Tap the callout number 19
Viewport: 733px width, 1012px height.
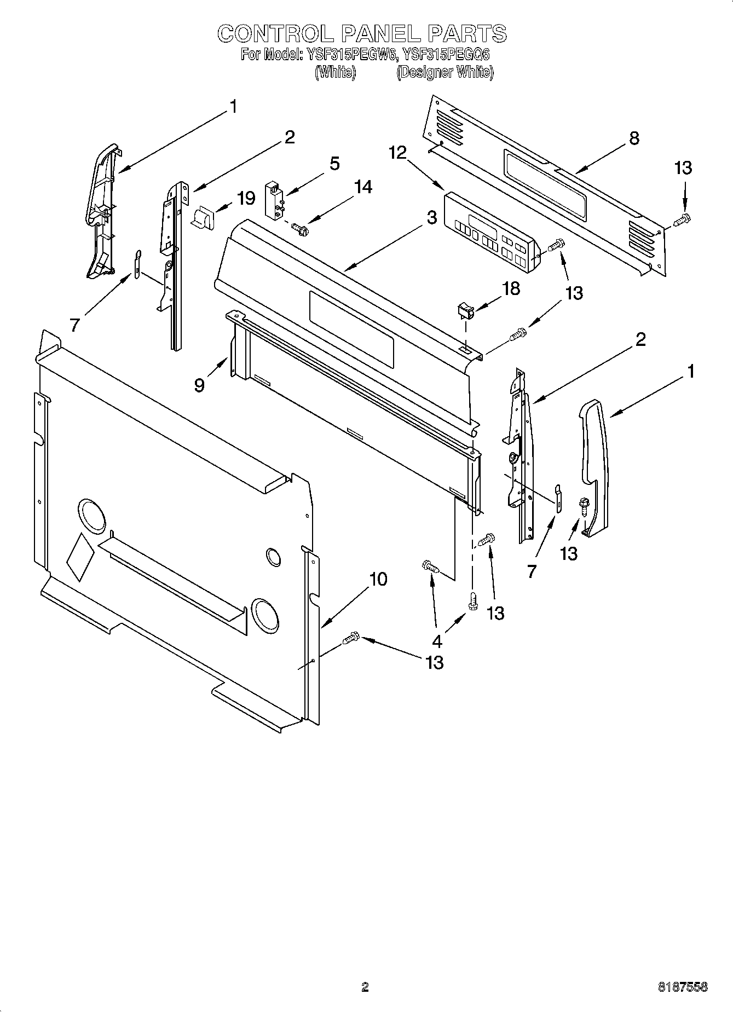click(x=246, y=198)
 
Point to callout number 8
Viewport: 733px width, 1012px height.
click(x=634, y=138)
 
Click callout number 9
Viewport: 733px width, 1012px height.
click(x=200, y=385)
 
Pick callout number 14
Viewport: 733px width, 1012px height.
click(x=362, y=187)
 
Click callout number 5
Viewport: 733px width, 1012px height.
click(x=334, y=163)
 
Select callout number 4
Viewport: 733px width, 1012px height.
click(x=437, y=640)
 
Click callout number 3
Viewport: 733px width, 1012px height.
click(x=432, y=217)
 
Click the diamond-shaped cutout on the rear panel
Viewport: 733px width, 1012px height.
click(x=80, y=557)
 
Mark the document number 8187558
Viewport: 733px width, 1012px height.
click(x=682, y=987)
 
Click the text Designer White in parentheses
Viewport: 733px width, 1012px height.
click(x=445, y=72)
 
